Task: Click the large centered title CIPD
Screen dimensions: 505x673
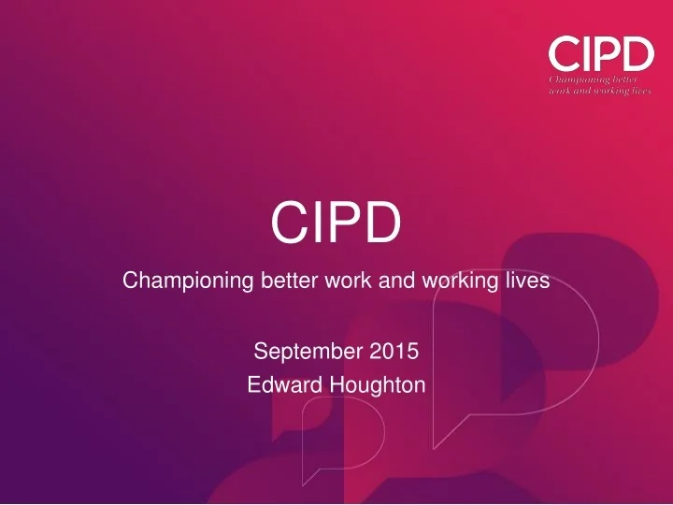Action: pyautogui.click(x=336, y=223)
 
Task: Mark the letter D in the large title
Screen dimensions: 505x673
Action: pyautogui.click(x=383, y=223)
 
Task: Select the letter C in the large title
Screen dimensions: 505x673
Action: pyautogui.click(x=288, y=223)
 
